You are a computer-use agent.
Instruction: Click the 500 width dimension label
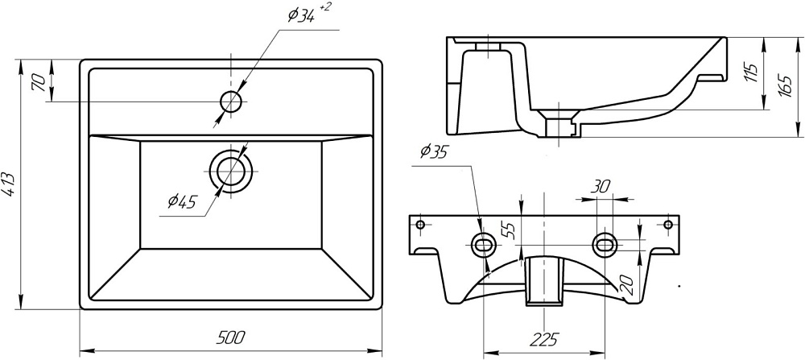230,337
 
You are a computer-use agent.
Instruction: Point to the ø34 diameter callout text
299,14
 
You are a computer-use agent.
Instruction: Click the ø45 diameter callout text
182,202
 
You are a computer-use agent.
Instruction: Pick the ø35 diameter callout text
432,152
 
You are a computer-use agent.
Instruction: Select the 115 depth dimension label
751,74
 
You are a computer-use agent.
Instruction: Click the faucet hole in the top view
231,101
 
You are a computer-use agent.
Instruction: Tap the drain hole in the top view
231,170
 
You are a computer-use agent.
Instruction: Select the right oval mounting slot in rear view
605,243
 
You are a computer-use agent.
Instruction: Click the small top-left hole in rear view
419,224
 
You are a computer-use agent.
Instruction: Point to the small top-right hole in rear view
667,224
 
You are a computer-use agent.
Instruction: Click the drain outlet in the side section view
557,126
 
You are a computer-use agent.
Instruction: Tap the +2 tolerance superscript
326,7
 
